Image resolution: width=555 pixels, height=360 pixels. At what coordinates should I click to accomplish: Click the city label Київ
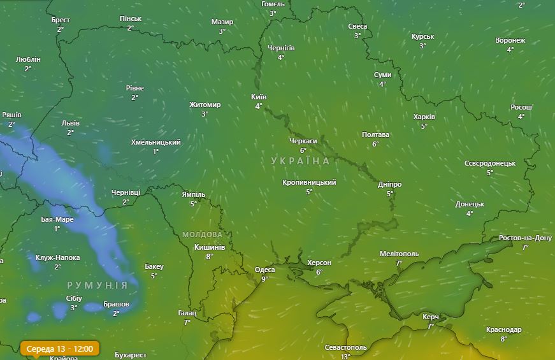tap(259, 97)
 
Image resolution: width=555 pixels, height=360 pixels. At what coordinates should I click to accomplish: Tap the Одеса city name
tap(264, 270)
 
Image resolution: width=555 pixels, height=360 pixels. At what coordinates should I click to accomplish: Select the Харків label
tap(424, 117)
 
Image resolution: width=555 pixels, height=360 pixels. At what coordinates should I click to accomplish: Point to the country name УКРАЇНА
tap(301, 161)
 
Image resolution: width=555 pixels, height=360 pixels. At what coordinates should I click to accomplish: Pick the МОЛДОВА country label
tap(202, 234)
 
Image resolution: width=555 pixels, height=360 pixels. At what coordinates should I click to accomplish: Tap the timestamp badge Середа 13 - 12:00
tap(61, 349)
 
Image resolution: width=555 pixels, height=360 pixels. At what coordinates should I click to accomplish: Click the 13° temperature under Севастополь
tap(345, 356)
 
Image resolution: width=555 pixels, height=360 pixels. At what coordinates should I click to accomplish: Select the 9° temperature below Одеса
tap(264, 278)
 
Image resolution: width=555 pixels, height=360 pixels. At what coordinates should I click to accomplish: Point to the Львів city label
tap(70, 123)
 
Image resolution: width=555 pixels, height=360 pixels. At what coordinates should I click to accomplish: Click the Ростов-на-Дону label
tap(525, 238)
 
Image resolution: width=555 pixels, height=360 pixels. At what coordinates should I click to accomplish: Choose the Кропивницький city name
tap(309, 182)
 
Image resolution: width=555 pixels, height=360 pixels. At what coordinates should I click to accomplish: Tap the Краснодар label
tap(503, 329)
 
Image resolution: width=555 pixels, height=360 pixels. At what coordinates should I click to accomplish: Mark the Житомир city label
tap(205, 104)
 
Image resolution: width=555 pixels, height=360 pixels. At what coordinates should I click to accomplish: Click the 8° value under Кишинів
tap(209, 256)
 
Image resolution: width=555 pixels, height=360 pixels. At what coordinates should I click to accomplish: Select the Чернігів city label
tap(281, 48)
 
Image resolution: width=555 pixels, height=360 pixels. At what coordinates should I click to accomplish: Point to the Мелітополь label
tap(399, 254)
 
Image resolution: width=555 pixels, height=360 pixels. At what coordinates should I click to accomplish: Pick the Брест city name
tap(61, 20)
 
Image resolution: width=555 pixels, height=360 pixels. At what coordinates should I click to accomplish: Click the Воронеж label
tap(510, 40)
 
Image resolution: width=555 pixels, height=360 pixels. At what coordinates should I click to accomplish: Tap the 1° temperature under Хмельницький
tap(155, 152)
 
